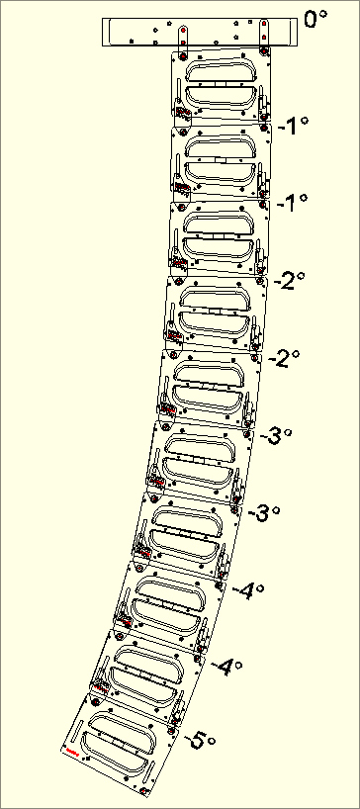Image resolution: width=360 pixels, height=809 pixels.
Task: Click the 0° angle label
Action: coord(315,19)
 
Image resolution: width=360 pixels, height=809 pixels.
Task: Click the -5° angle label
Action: coord(201,739)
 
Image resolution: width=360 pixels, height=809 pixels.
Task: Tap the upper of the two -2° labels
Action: coord(288,282)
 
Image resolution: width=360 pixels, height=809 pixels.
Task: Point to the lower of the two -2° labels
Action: coord(281,358)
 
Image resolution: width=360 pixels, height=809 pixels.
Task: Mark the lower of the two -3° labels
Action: coord(263,513)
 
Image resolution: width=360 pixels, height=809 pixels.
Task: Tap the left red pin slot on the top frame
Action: coord(182,36)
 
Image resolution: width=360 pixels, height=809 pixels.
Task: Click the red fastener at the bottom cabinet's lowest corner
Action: coord(144,791)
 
